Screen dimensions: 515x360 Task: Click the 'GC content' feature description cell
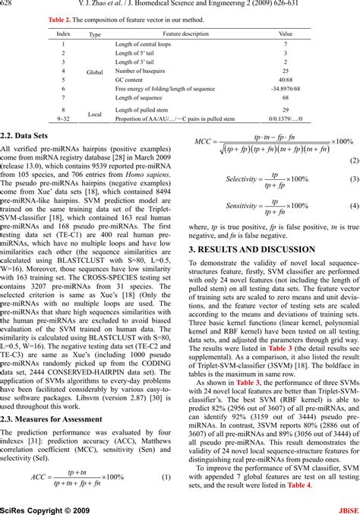click(x=129, y=80)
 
